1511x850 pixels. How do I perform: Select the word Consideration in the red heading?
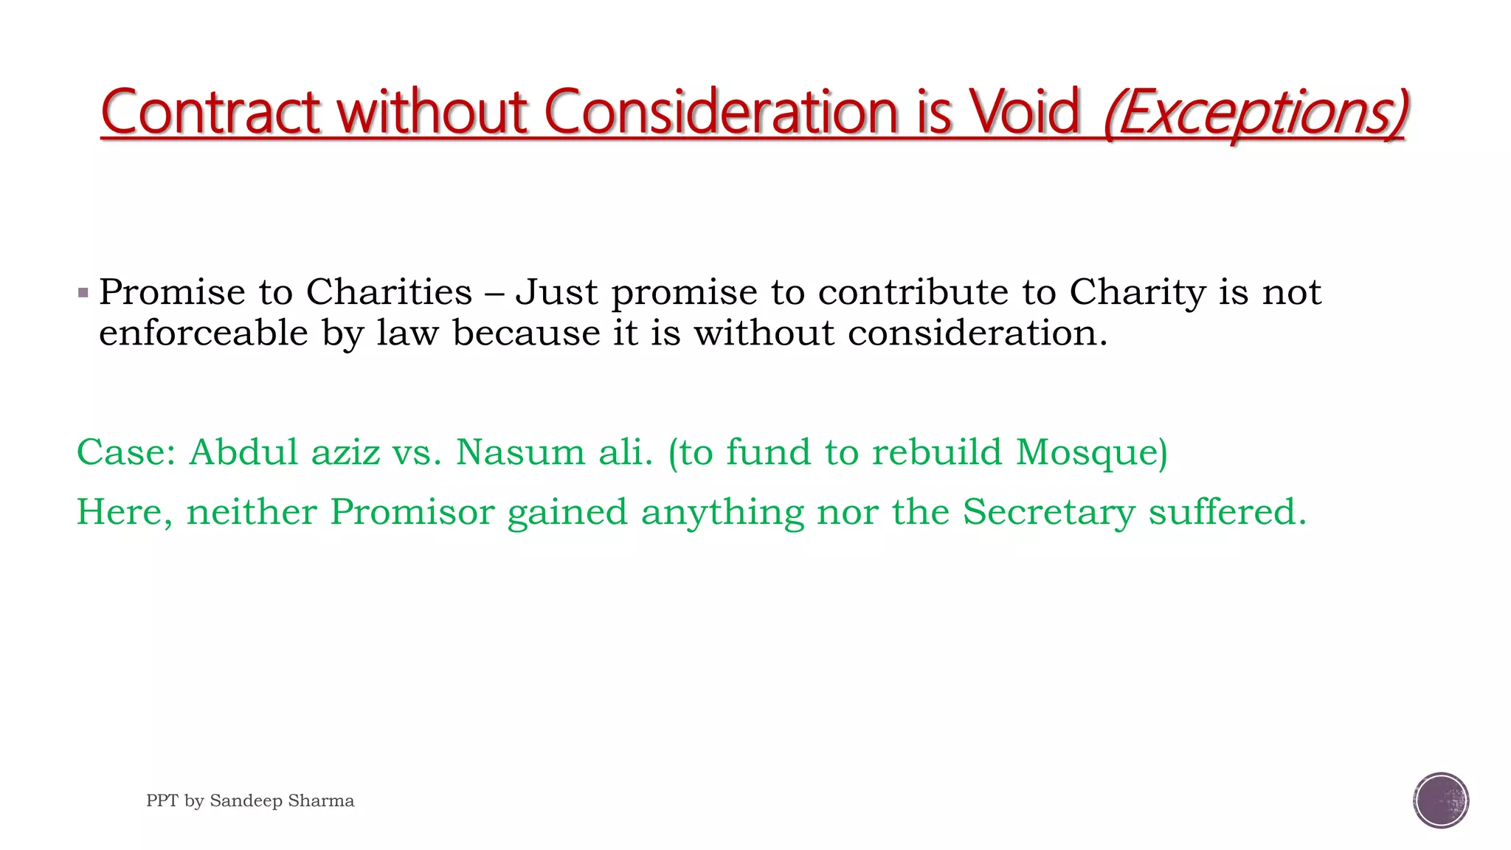(721, 112)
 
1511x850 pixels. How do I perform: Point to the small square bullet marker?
(83, 293)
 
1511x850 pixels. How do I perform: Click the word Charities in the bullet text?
(389, 292)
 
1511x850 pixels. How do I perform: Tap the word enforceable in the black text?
(204, 334)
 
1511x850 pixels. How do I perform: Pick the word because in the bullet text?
(527, 334)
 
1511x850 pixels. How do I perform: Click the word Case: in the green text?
(126, 452)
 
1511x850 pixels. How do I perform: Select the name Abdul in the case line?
(243, 452)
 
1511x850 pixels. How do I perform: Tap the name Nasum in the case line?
(520, 452)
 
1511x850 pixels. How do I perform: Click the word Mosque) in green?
(1092, 452)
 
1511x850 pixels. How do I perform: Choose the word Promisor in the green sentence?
(412, 512)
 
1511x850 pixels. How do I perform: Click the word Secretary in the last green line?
(1049, 512)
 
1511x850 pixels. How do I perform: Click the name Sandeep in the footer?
(242, 801)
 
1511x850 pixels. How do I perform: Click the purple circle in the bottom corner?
(1441, 801)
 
